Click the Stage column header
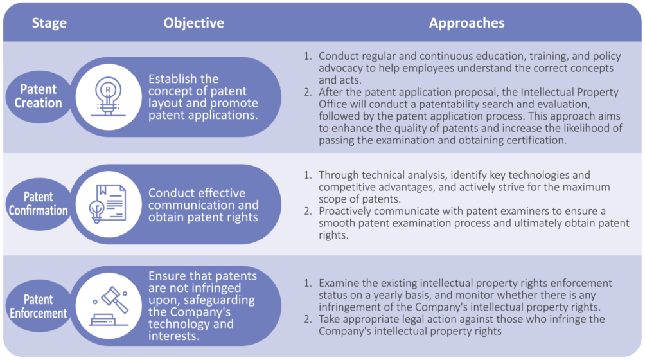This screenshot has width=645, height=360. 49,23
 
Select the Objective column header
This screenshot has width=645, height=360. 194,23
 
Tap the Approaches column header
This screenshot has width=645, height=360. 466,23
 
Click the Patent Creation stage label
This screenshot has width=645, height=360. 39,96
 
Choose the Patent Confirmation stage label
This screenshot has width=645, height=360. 39,203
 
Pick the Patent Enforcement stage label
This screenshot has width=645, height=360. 39,306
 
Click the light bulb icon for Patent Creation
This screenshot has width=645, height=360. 108,96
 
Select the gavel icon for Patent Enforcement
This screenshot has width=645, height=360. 109,306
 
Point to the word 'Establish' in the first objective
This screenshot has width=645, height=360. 171,78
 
